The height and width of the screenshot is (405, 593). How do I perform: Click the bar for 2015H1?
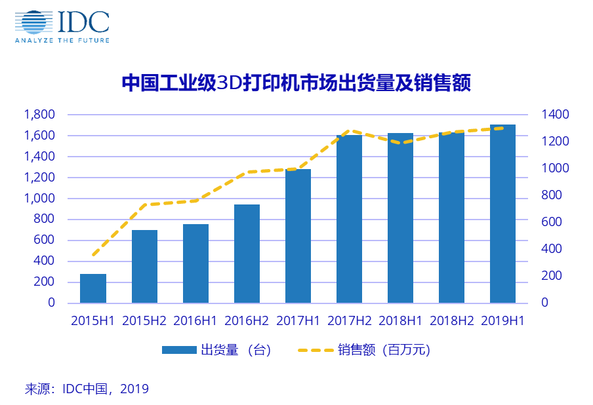click(93, 288)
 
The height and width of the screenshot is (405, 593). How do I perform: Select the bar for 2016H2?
click(247, 254)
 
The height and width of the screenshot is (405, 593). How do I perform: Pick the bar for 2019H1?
click(502, 214)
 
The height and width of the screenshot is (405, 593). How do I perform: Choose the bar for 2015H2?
click(144, 266)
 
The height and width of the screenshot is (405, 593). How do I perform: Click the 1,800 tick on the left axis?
click(39, 115)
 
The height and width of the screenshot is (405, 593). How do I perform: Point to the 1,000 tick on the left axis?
click(39, 199)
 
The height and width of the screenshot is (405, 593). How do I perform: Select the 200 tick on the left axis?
click(44, 282)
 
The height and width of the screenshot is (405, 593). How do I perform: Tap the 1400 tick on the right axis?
click(555, 115)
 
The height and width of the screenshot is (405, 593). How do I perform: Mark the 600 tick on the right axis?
click(552, 222)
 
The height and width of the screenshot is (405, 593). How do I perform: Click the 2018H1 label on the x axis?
click(400, 321)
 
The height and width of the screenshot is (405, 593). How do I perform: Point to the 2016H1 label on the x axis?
click(195, 321)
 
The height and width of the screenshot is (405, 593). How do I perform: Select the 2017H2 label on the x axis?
click(349, 321)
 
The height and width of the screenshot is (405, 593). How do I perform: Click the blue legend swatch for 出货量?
click(179, 350)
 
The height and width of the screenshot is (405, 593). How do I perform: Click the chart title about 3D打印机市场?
click(296, 84)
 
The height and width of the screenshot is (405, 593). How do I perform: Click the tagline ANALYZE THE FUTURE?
click(62, 40)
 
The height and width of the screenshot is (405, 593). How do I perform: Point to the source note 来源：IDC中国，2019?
click(87, 389)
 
